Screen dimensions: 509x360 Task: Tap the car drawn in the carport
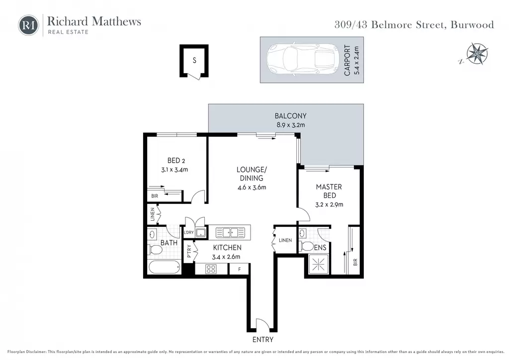(303, 59)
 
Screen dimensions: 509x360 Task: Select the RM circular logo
(28, 25)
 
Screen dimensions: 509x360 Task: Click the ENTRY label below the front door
(263, 340)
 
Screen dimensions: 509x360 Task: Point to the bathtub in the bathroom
(164, 267)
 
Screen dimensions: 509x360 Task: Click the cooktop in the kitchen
(211, 269)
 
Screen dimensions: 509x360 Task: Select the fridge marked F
(239, 269)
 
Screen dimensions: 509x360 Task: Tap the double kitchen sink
(231, 232)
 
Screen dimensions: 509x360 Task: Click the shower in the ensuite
(318, 264)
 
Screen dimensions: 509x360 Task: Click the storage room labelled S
(194, 61)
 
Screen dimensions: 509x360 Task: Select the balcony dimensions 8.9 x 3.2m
(291, 125)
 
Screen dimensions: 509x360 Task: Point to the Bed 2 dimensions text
(174, 170)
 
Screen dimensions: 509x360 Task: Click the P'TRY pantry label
(189, 251)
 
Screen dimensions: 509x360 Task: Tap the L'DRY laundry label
(188, 232)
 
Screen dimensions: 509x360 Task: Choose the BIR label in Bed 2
(155, 196)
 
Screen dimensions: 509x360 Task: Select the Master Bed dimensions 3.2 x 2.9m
(329, 205)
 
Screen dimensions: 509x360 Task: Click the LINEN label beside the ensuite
(285, 240)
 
